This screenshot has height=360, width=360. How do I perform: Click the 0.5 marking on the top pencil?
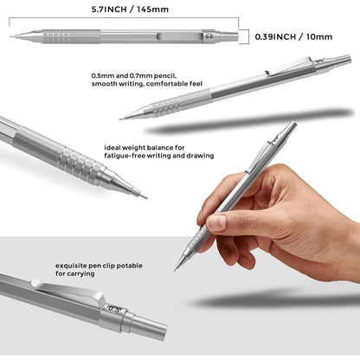click(x=208, y=37)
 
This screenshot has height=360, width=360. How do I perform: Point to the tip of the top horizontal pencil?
click(x=11, y=36)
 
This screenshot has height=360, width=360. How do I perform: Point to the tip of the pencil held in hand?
click(x=176, y=269)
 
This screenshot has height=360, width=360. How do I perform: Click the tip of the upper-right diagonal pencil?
click(x=122, y=119)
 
